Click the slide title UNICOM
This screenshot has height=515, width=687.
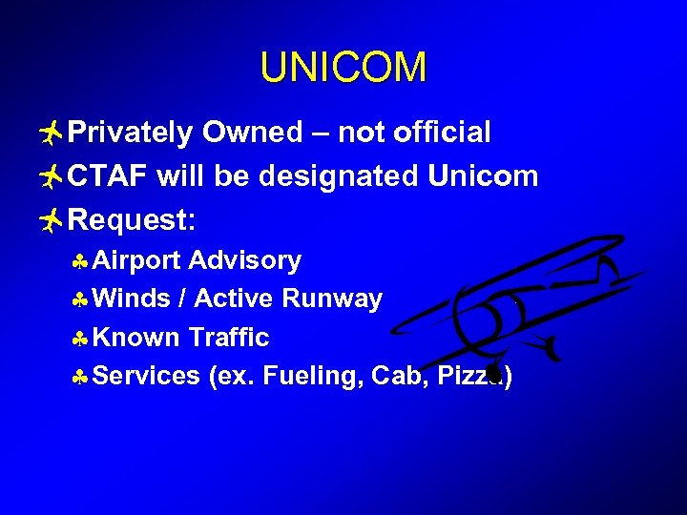coord(343,68)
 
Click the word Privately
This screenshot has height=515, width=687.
coord(130,133)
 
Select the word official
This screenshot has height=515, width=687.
coord(443,133)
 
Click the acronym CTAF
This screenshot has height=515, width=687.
coord(109,176)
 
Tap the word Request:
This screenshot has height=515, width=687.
coord(133,221)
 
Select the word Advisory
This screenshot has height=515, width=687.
coord(245,260)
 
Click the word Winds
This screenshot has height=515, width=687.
coord(133,299)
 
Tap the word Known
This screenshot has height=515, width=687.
coord(137,338)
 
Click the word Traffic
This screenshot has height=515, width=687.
coord(229,338)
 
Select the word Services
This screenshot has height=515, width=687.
coord(148,377)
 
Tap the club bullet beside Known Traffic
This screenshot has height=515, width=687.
coord(82,339)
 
